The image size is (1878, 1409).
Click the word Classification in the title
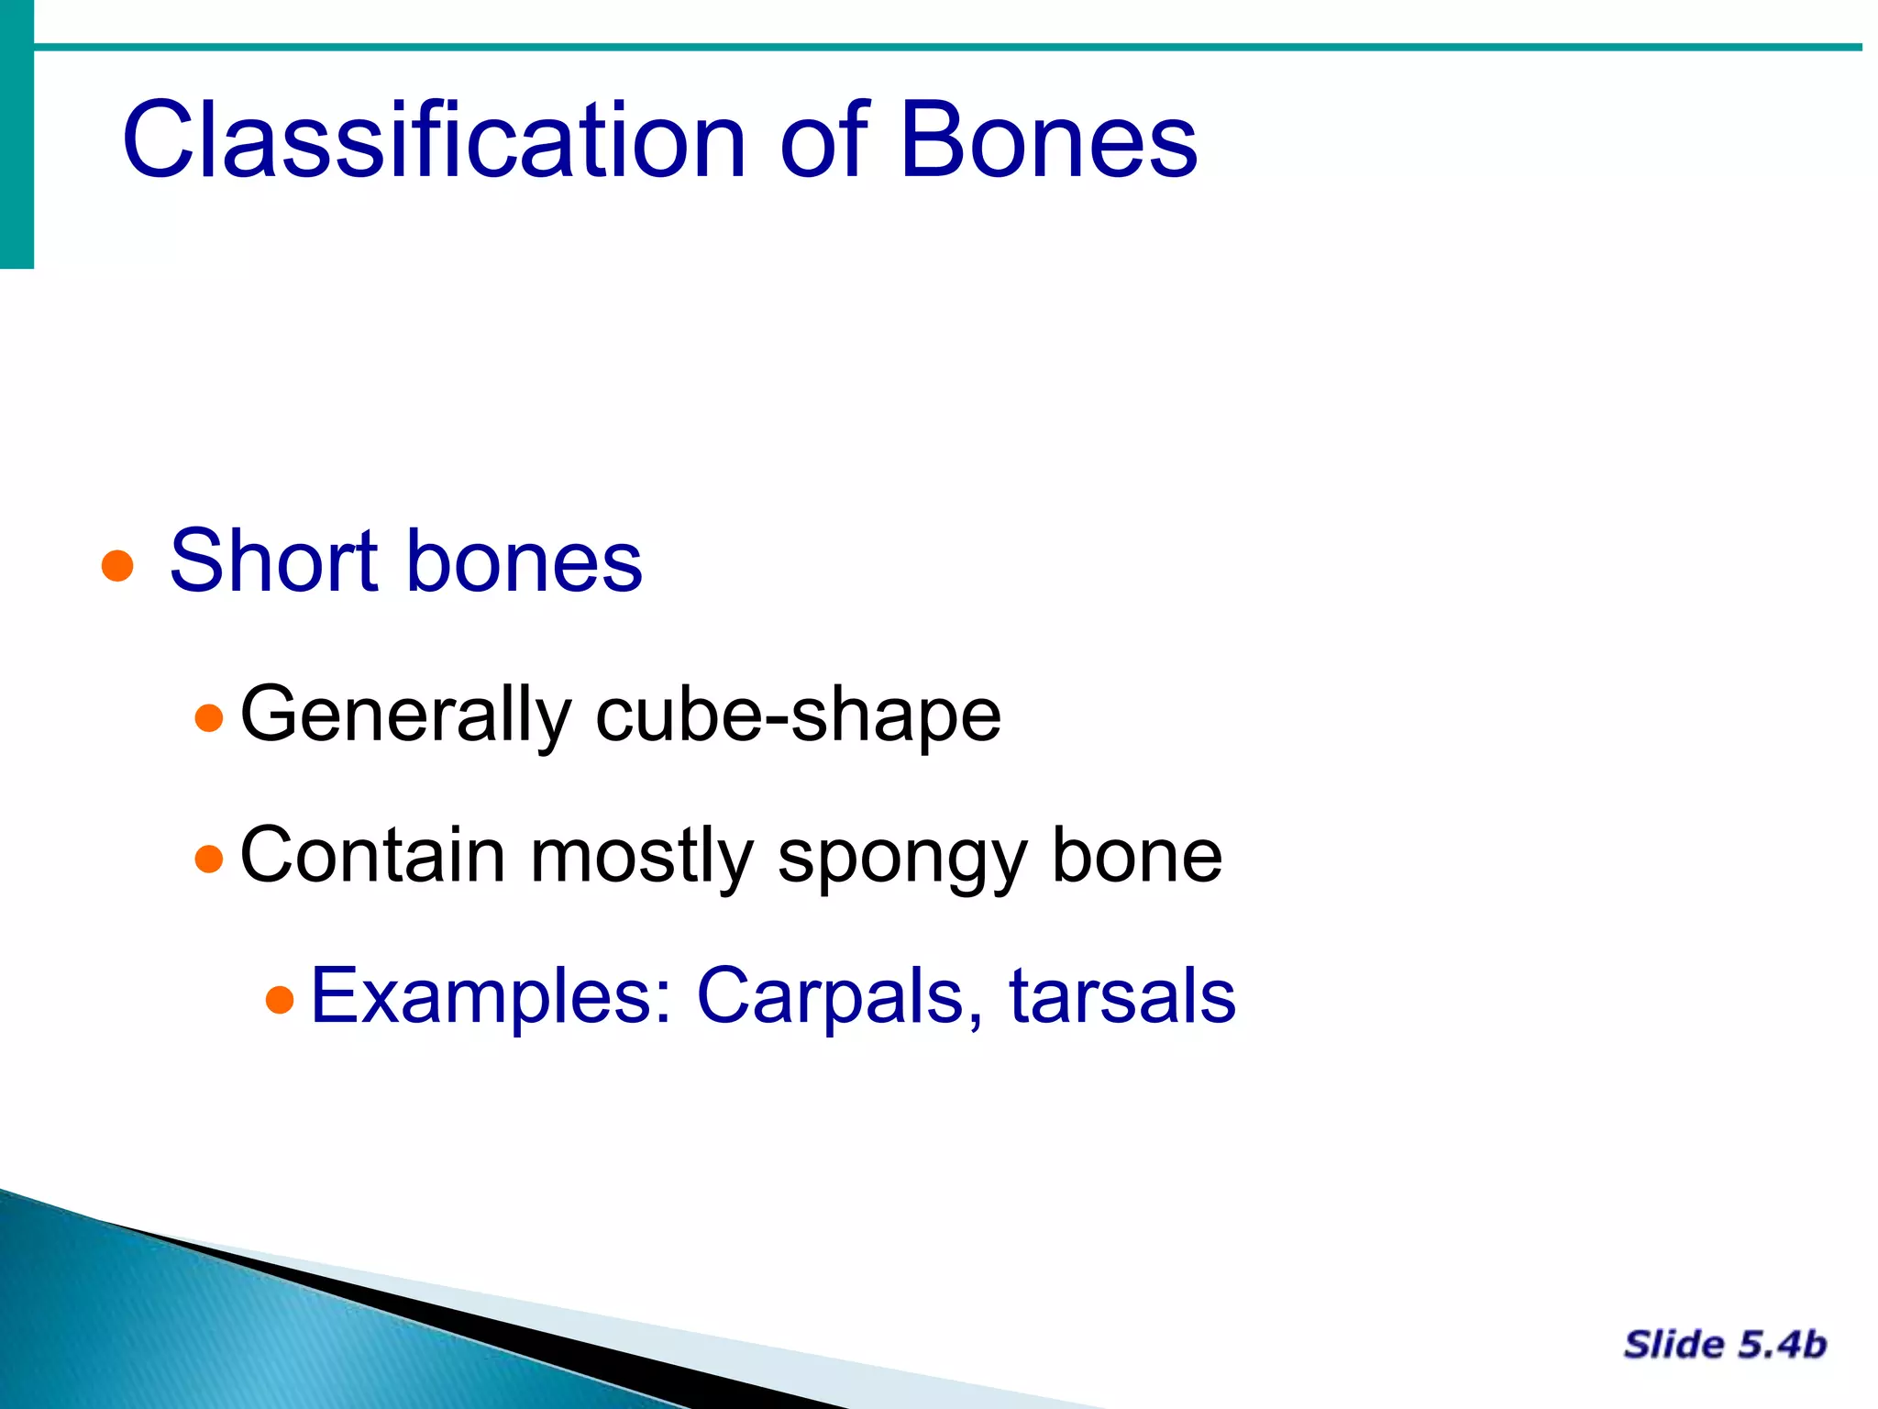click(x=434, y=140)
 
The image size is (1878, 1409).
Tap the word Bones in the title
click(x=1047, y=140)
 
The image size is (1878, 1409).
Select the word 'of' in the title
click(x=823, y=140)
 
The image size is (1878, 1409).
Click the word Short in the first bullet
click(x=273, y=560)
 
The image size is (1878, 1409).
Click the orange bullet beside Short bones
click(x=117, y=566)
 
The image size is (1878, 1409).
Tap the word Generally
click(x=405, y=716)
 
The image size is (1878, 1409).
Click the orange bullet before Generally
click(x=210, y=717)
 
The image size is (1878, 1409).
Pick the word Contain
click(x=372, y=855)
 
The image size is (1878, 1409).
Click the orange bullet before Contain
click(x=210, y=859)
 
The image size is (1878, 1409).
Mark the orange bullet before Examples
click(x=280, y=999)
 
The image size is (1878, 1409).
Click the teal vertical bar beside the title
click(x=17, y=134)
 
